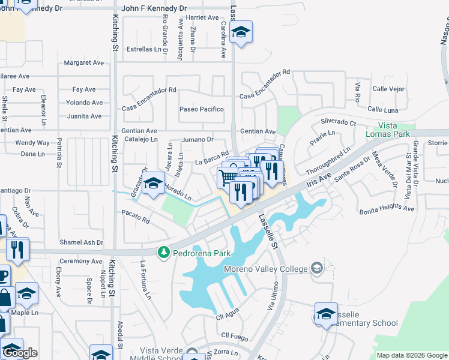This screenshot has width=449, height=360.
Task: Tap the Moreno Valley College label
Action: (x=265, y=269)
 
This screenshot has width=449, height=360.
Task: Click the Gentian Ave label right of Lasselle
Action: (x=258, y=131)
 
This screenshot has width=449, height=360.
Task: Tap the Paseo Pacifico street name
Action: (x=202, y=109)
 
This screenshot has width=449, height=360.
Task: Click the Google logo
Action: (x=20, y=352)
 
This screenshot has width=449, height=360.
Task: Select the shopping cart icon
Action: (x=228, y=176)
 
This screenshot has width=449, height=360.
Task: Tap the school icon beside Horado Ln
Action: (x=154, y=183)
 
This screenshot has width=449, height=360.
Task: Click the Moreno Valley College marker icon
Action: (x=317, y=268)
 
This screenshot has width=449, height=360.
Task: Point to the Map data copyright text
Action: (x=412, y=355)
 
